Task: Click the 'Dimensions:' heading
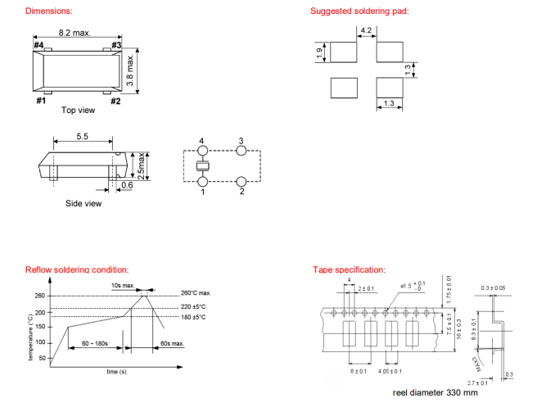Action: pyautogui.click(x=48, y=11)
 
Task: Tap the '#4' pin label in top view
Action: pyautogui.click(x=38, y=45)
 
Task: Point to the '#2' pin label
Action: pyautogui.click(x=115, y=101)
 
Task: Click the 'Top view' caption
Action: pyautogui.click(x=78, y=110)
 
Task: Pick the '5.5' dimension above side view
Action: pyautogui.click(x=83, y=137)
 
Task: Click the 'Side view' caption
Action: pyautogui.click(x=83, y=203)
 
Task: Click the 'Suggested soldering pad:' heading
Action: pyautogui.click(x=359, y=11)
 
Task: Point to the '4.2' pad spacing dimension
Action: pyautogui.click(x=366, y=31)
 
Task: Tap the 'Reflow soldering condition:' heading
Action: pyautogui.click(x=77, y=269)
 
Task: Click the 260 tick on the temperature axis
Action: pyautogui.click(x=40, y=296)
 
